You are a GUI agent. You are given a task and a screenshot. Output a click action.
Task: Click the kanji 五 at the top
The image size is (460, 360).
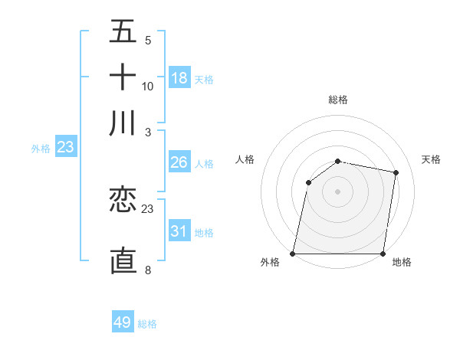[x=123, y=31]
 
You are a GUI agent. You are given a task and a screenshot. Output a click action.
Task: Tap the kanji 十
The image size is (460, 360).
[x=123, y=77]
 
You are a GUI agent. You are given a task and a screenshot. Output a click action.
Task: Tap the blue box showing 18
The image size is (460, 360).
[x=179, y=78]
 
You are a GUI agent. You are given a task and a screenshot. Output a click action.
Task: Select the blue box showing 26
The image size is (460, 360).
[x=179, y=162]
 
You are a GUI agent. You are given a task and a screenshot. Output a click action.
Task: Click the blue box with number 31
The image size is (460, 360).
[x=179, y=231]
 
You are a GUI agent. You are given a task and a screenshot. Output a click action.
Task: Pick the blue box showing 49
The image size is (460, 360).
[x=123, y=322]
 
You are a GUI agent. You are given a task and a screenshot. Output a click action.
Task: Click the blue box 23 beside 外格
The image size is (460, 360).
[x=65, y=147]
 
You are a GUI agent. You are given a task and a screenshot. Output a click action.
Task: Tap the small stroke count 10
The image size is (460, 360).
[x=148, y=86]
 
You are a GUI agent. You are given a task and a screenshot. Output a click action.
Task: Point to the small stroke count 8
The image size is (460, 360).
[x=147, y=270]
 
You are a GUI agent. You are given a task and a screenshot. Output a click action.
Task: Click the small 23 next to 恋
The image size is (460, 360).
[x=148, y=208]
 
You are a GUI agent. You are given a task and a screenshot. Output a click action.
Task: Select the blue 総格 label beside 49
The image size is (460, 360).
[x=148, y=324]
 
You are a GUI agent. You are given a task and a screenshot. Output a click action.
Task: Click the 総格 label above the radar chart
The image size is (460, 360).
[x=337, y=100]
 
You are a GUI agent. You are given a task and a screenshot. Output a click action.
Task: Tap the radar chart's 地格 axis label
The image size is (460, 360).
[x=402, y=263]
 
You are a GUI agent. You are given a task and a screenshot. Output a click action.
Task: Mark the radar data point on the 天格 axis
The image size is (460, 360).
[x=396, y=172]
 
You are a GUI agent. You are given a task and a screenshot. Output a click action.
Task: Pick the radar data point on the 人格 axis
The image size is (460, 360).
[x=308, y=182]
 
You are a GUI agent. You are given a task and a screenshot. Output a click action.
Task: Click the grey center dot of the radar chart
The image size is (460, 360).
[x=337, y=191]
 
